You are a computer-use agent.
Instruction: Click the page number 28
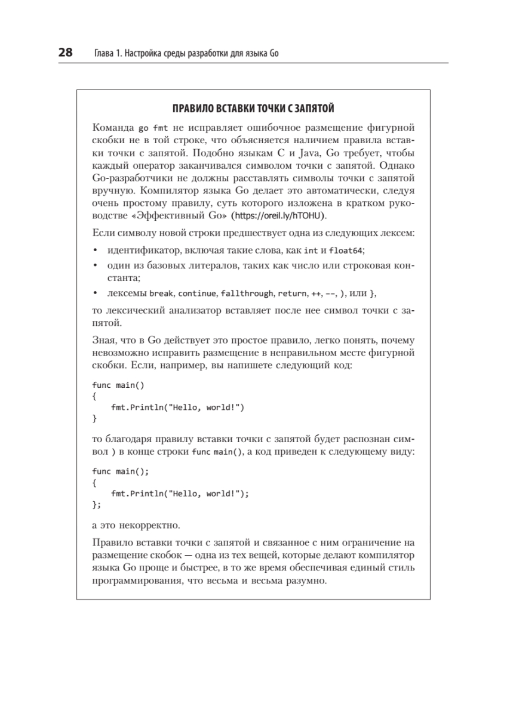(x=65, y=53)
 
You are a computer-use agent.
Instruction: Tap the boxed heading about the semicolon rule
(x=253, y=109)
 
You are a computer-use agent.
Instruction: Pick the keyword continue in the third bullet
(x=198, y=294)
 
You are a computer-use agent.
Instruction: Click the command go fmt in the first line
(x=153, y=128)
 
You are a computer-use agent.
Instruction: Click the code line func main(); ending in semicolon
(x=121, y=471)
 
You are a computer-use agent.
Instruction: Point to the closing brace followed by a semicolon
(x=97, y=505)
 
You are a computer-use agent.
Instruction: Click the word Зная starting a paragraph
(x=105, y=341)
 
